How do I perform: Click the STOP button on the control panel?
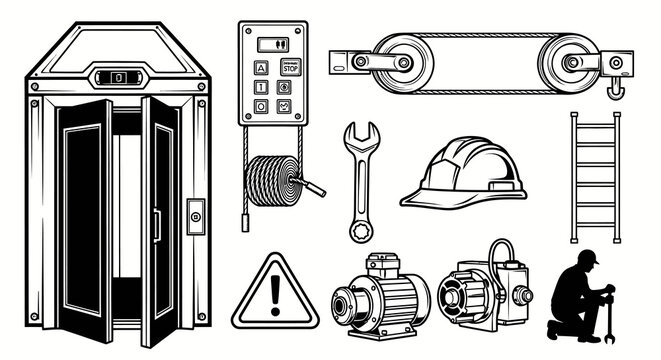coord(289,69)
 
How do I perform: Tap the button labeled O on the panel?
coord(262,106)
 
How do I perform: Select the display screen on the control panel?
coord(271,44)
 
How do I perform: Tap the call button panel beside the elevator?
coord(195,215)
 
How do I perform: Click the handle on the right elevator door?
coord(157,224)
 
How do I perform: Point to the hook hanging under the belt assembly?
coord(616,91)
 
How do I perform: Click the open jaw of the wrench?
coord(361,134)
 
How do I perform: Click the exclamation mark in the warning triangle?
coord(276,294)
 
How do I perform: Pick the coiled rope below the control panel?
coord(276,181)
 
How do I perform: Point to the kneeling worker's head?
coord(588,261)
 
